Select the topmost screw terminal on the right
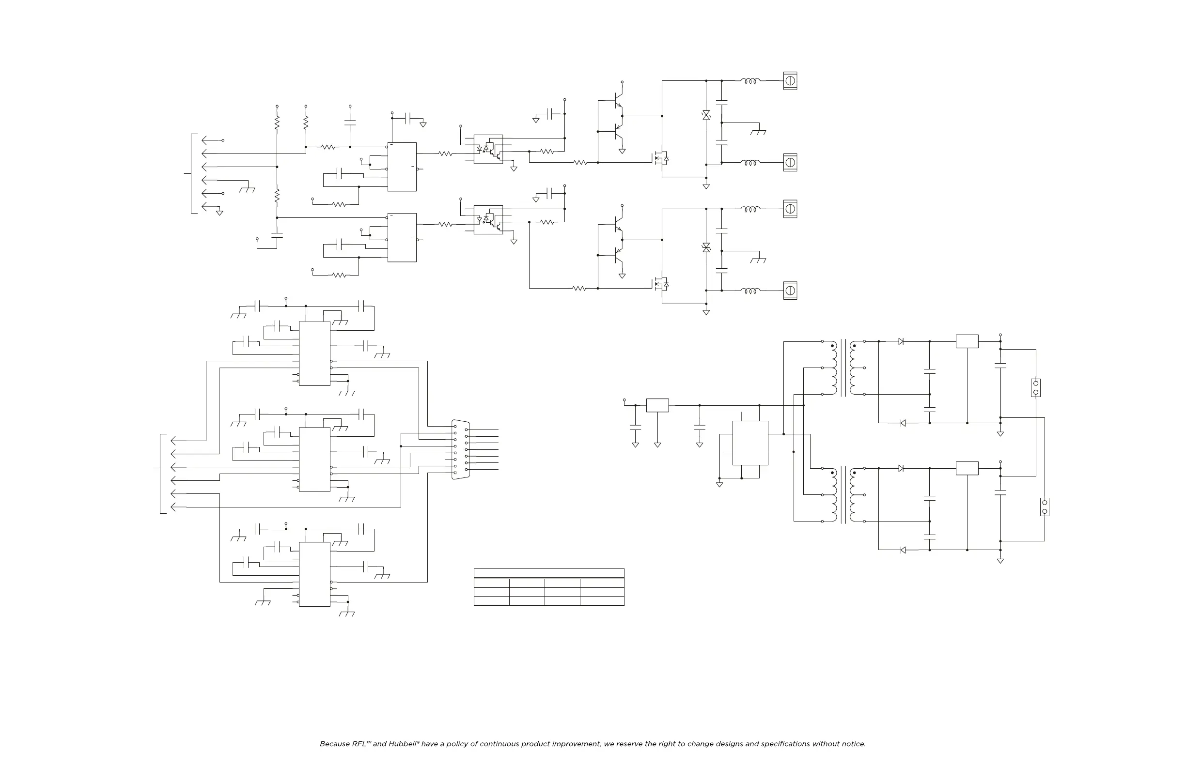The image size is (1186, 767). coord(790,80)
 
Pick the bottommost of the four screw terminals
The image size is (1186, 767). coord(790,291)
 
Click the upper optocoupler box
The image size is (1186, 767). coord(488,149)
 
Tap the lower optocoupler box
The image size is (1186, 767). coord(488,220)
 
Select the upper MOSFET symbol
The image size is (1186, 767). coord(661,158)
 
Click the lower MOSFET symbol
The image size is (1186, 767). coord(661,284)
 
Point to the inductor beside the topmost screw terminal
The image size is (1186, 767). coord(750,81)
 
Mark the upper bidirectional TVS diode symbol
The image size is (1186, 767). coord(706,115)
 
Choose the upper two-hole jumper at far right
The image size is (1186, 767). coord(1035,387)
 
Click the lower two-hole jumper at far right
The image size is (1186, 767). coord(1045,507)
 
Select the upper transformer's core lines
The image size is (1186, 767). coord(843,368)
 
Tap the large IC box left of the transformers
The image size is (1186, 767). coord(750,443)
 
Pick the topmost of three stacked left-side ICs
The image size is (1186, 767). coord(314,353)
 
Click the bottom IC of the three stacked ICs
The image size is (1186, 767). coord(314,574)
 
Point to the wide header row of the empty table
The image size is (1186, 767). coord(548,573)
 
